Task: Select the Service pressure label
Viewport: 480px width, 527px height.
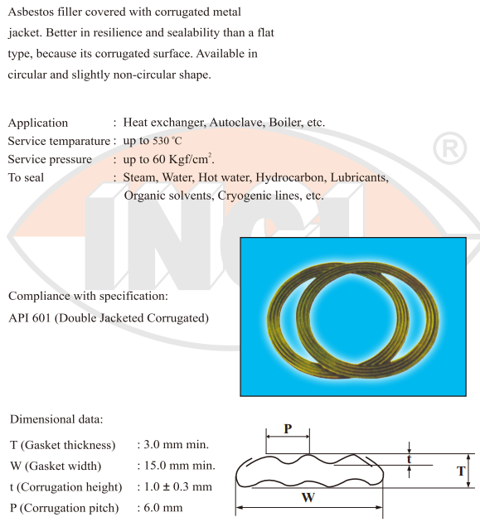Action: click(53, 159)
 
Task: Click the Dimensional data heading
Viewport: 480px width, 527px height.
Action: click(56, 419)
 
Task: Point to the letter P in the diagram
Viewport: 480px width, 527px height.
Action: click(288, 428)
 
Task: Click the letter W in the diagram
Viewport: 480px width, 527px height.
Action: click(308, 498)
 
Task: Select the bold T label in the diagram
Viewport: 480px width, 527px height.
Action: click(461, 471)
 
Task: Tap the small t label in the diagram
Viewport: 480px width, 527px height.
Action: click(409, 458)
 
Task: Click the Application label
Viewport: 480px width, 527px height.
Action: click(38, 123)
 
